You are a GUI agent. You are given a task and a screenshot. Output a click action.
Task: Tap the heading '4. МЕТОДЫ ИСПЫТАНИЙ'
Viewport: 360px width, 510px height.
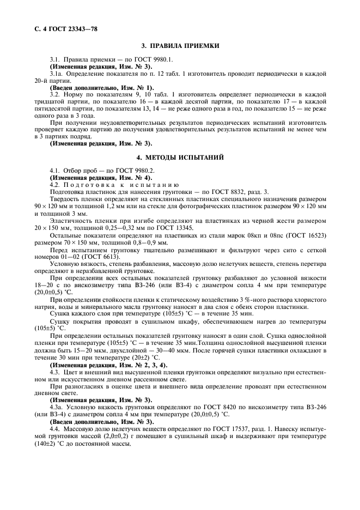pos(180,157)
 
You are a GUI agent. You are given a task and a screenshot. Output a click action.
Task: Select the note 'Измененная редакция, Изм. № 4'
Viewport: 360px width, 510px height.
pos(101,178)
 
